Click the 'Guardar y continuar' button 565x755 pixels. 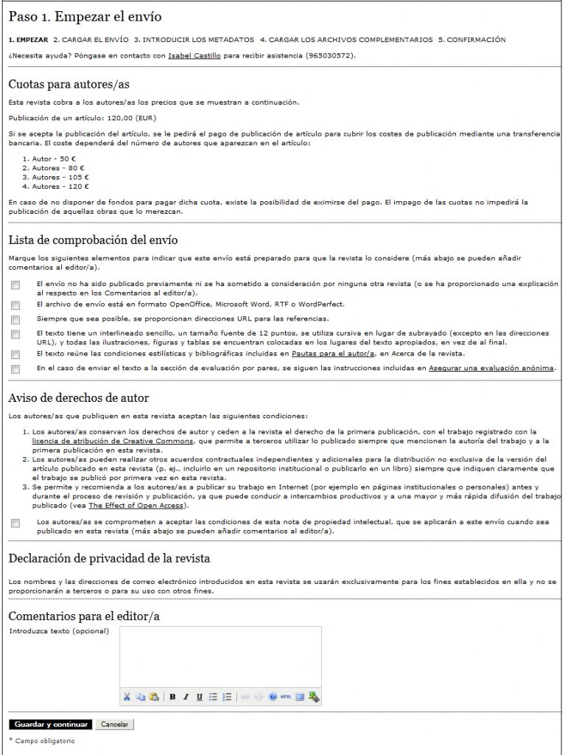[50, 724]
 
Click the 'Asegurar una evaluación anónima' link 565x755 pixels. [492, 368]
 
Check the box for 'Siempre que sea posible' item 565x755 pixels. [15, 319]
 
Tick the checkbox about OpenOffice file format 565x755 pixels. [15, 305]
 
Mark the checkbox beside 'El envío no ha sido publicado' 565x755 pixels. [15, 285]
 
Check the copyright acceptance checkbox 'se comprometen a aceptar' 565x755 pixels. [15, 523]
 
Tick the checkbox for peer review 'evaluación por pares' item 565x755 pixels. [15, 369]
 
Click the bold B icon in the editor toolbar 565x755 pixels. [172, 696]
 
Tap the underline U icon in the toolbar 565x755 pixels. [199, 696]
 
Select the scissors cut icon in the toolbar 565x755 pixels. [127, 696]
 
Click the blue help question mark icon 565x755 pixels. [273, 696]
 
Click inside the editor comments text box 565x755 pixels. [220, 655]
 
